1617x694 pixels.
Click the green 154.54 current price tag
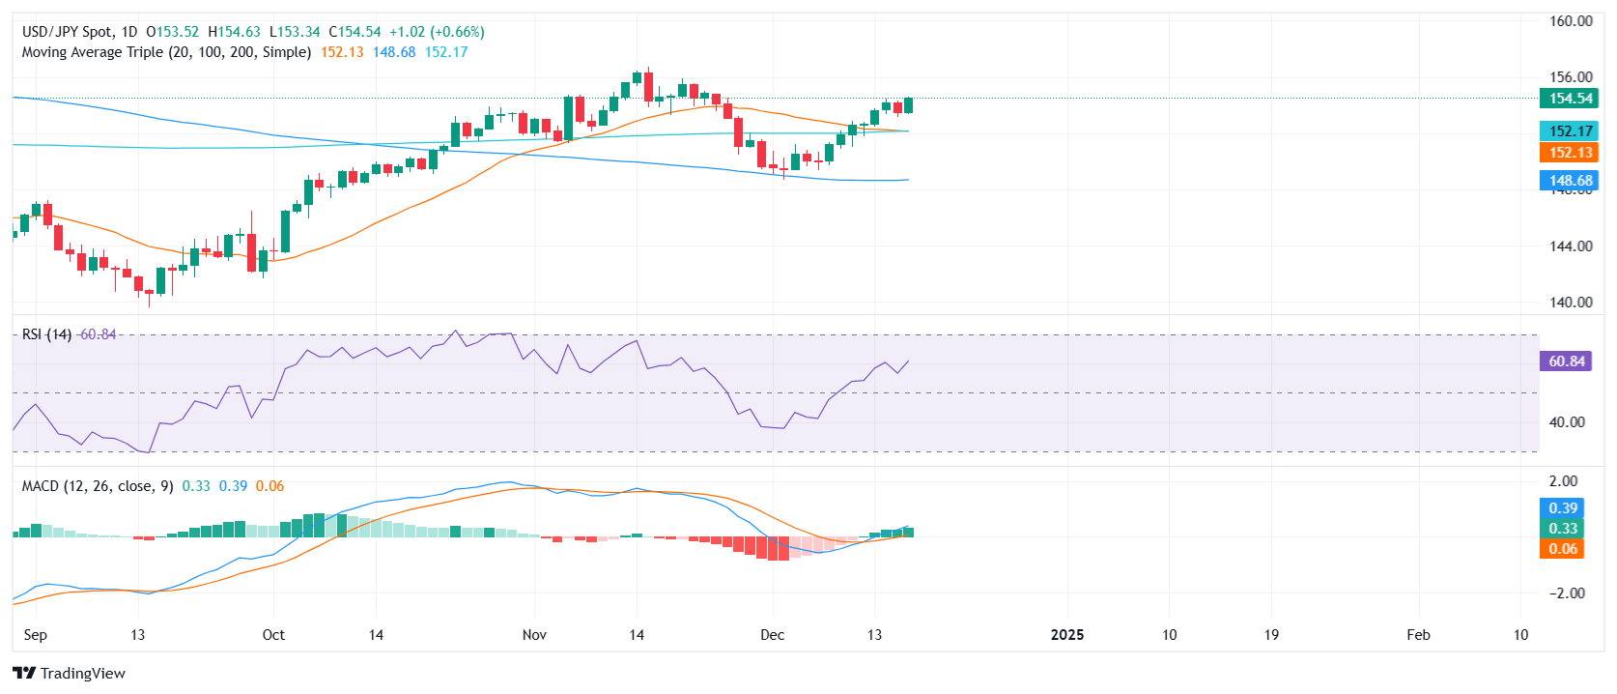(x=1569, y=99)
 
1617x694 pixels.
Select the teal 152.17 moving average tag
(x=1569, y=131)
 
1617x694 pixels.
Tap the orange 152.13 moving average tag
(x=1569, y=153)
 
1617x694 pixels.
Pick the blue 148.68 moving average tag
(x=1569, y=181)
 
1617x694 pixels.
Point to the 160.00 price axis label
(x=1571, y=21)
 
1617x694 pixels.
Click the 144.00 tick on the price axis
(x=1571, y=246)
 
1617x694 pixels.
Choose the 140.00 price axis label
(x=1571, y=303)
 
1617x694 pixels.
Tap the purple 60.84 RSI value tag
(x=1567, y=361)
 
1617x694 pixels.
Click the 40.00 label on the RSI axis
(x=1567, y=422)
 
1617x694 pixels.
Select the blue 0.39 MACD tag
(x=1563, y=508)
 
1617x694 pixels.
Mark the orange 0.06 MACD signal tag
(x=1563, y=549)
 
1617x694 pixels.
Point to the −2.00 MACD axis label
(x=1567, y=593)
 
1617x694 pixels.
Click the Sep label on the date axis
(x=35, y=635)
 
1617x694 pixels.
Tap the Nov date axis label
(x=534, y=635)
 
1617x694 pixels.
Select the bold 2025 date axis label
(x=1066, y=635)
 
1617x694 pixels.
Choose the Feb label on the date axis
(x=1418, y=635)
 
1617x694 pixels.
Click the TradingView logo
(x=70, y=674)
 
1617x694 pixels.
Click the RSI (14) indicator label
(x=46, y=334)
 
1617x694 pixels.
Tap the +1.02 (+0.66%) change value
(x=437, y=32)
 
